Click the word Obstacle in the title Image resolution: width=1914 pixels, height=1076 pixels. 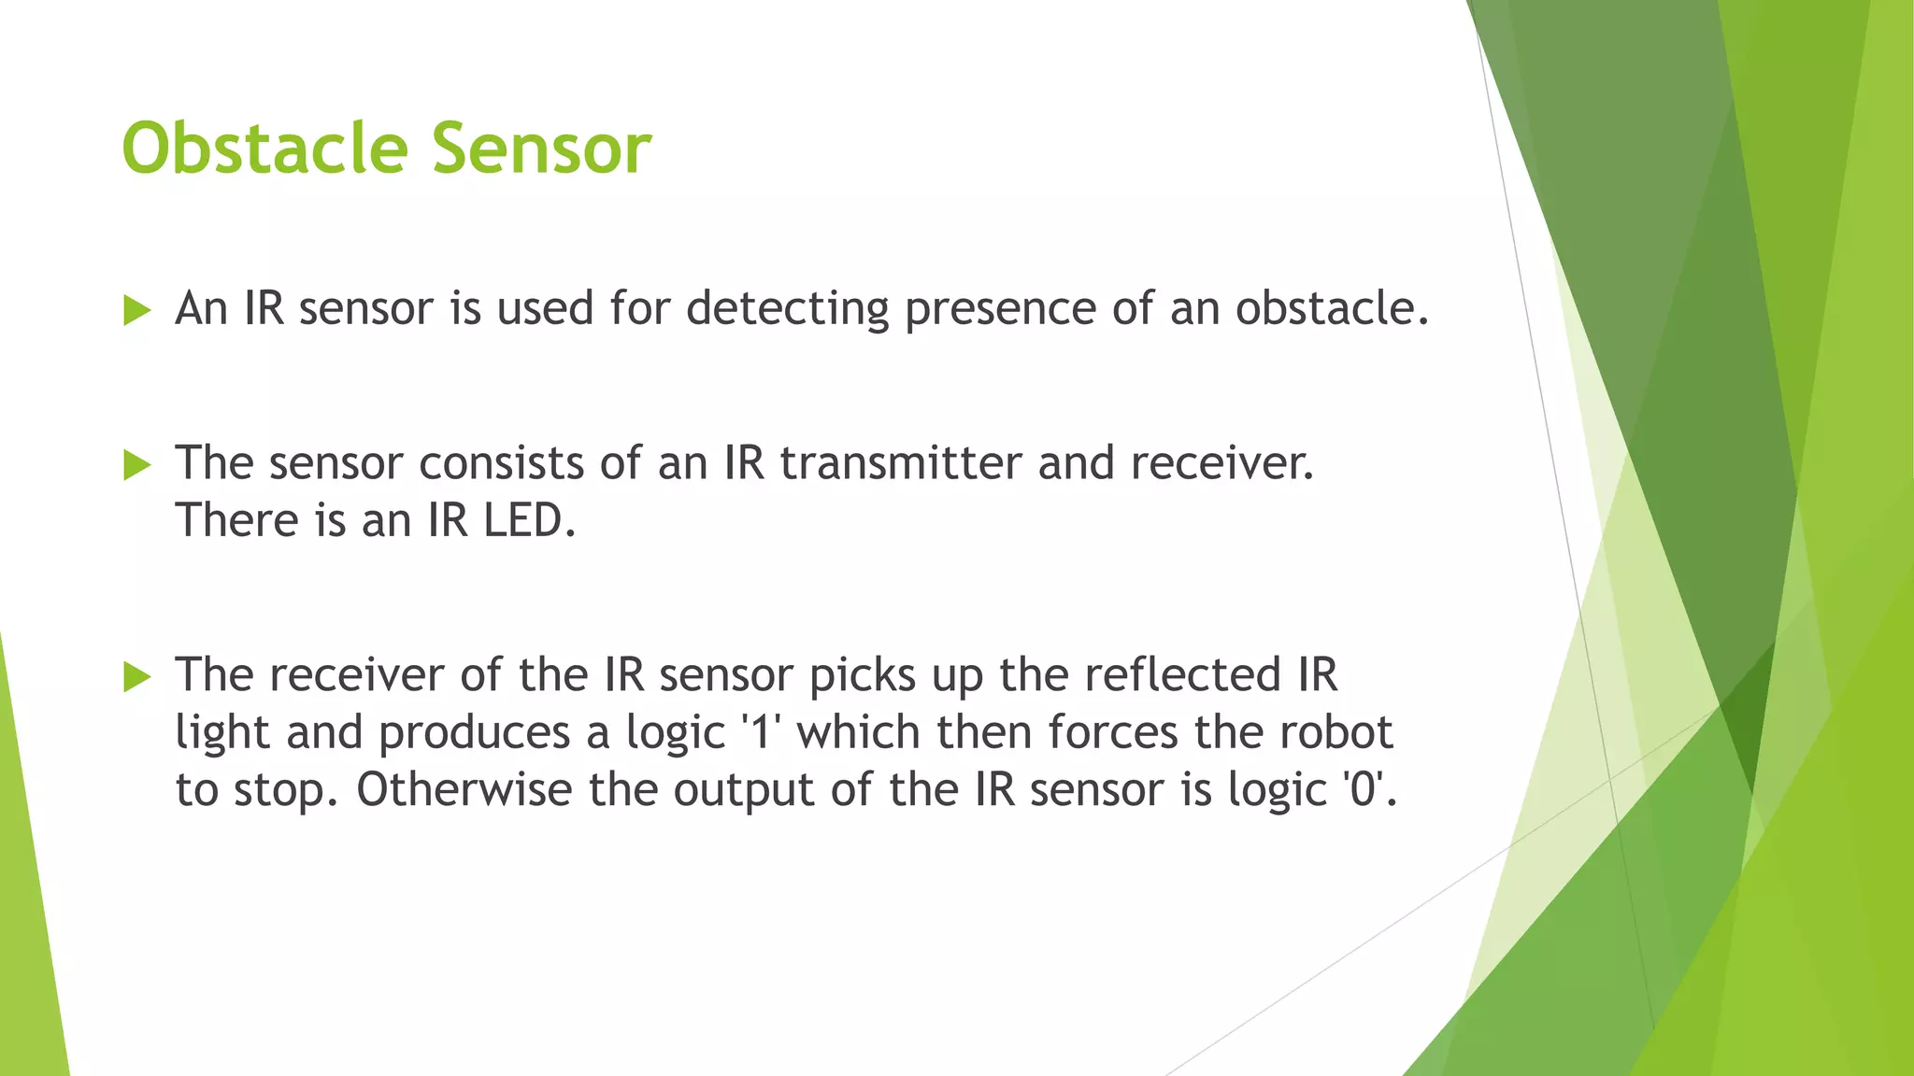point(264,149)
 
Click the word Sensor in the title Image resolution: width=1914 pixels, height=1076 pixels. point(541,149)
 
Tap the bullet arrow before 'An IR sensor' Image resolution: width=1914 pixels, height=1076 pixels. point(136,310)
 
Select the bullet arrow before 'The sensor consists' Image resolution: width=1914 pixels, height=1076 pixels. point(136,464)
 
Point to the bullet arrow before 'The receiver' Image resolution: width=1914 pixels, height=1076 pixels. point(136,676)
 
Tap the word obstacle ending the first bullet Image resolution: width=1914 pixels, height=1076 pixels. point(1331,308)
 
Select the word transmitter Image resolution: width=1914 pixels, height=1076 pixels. point(900,463)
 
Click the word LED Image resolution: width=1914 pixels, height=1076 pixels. point(528,520)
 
